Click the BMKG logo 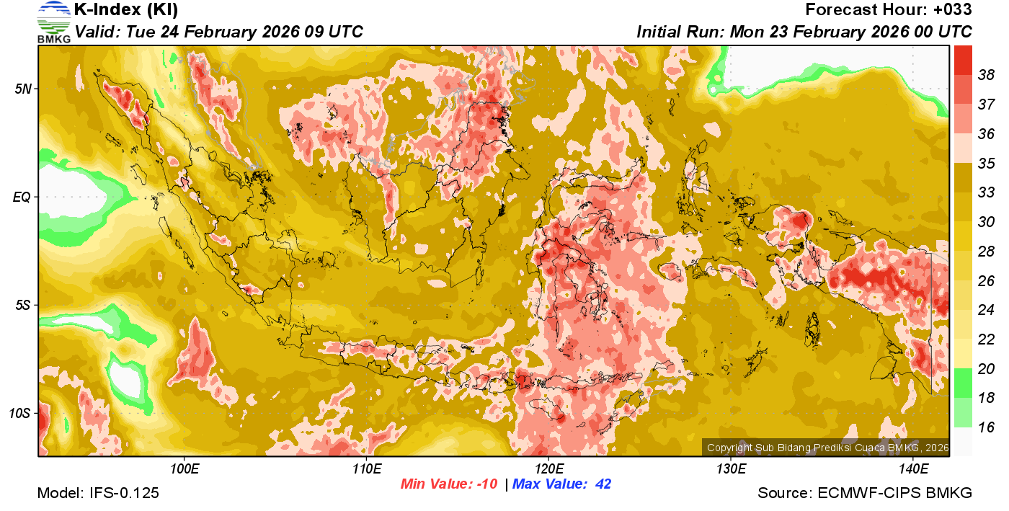pyautogui.click(x=53, y=22)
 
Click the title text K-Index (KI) pyautogui.click(x=126, y=10)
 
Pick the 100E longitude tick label pyautogui.click(x=185, y=469)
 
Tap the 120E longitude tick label pyautogui.click(x=548, y=469)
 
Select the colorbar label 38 pyautogui.click(x=986, y=74)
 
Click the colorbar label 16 pyautogui.click(x=986, y=427)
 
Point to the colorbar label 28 pyautogui.click(x=986, y=251)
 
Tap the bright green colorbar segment pyautogui.click(x=963, y=383)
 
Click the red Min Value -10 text pyautogui.click(x=449, y=484)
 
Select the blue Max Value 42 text pyautogui.click(x=561, y=484)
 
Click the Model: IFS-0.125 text pyautogui.click(x=98, y=493)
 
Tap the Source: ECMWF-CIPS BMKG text pyautogui.click(x=865, y=493)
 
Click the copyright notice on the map pyautogui.click(x=827, y=448)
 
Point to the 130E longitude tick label pyautogui.click(x=731, y=469)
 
